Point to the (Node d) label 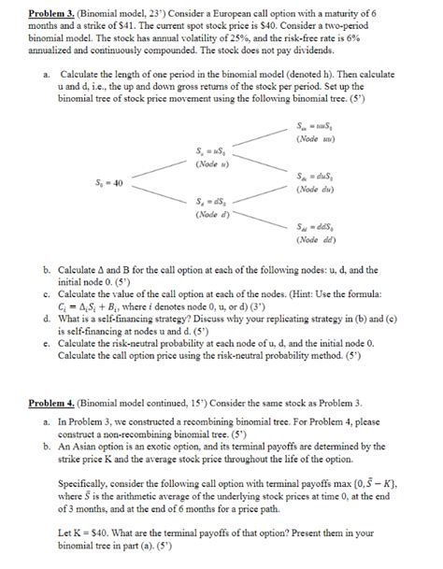coord(206,214)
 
